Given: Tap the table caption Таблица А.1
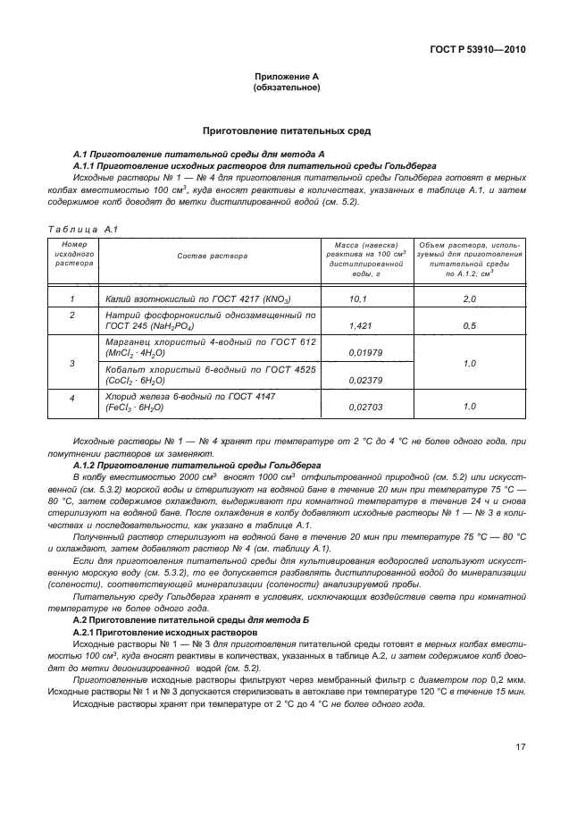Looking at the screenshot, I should [77, 230].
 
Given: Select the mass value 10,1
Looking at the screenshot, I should [357, 299].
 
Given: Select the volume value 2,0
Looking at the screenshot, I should [469, 299].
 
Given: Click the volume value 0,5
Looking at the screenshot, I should [469, 326].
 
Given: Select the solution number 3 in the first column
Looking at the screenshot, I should [72, 364].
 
